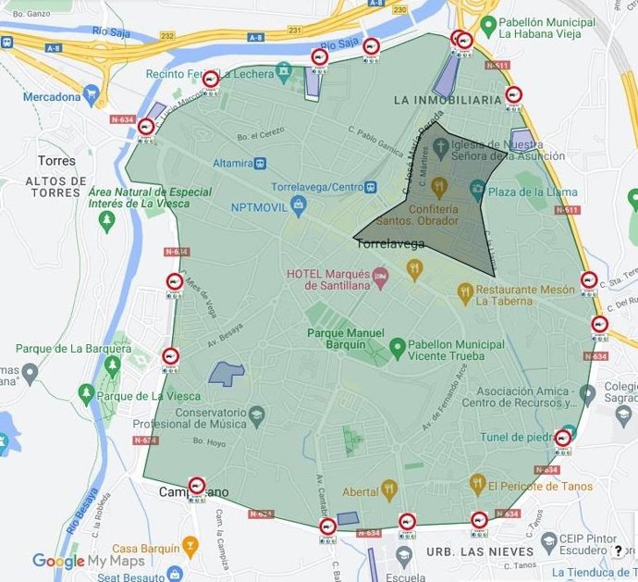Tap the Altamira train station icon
(x=262, y=164)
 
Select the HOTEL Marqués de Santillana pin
(x=378, y=279)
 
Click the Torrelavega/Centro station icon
(x=371, y=187)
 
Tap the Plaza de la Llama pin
(x=477, y=192)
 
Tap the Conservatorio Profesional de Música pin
(x=257, y=413)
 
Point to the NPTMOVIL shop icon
(x=298, y=204)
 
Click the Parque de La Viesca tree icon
(x=86, y=396)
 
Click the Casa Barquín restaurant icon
(x=190, y=548)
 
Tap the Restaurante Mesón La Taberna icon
(x=466, y=293)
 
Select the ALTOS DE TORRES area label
(x=44, y=186)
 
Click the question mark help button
(x=618, y=552)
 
